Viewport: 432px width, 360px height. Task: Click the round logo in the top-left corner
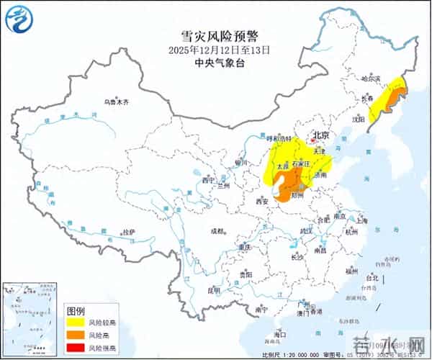click(x=19, y=19)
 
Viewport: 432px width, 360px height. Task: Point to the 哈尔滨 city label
click(x=371, y=77)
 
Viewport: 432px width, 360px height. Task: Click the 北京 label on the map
click(x=320, y=135)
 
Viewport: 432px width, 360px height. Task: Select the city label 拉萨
click(x=128, y=231)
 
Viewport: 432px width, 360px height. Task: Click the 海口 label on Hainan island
click(x=280, y=335)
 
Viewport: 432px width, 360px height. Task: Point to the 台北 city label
click(x=372, y=277)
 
